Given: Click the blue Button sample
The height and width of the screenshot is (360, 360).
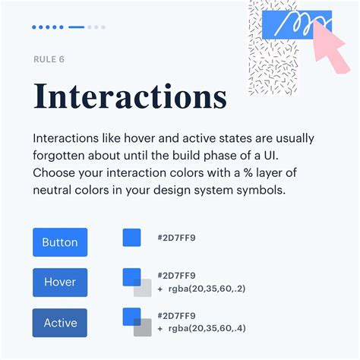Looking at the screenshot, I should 60,242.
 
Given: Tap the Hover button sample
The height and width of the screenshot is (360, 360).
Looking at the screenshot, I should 60,282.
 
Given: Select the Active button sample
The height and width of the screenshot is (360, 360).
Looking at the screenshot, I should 60,323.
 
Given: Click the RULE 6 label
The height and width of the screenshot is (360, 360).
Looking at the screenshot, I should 50,58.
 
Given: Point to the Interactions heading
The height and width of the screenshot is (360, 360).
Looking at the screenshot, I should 130,97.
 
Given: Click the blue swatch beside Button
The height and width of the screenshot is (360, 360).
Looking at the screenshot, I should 131,237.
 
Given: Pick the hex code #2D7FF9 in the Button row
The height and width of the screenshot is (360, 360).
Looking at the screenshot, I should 176,238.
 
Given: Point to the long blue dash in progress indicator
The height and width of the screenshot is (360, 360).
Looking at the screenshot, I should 76,27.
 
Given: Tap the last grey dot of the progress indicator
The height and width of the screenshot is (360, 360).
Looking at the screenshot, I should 103,27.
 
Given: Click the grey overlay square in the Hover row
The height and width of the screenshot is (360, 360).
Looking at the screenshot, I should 143,288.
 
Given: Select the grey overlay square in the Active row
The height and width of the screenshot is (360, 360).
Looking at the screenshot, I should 143,327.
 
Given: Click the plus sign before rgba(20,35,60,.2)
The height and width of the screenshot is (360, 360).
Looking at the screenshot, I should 159,289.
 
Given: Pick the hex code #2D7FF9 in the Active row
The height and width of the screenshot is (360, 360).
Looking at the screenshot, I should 176,316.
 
